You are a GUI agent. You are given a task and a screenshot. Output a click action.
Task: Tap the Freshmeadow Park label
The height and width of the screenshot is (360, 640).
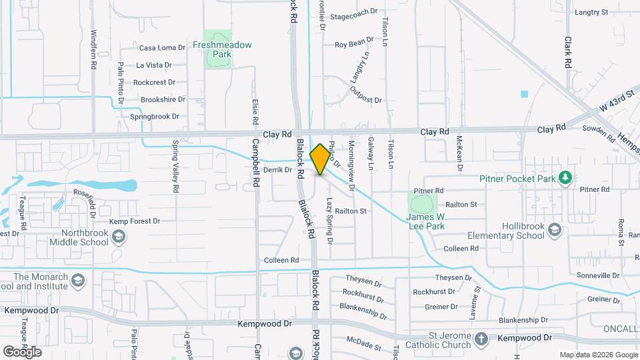[x=222, y=45]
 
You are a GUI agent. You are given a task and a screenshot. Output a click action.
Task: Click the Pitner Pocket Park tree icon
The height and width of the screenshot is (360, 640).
[x=565, y=177]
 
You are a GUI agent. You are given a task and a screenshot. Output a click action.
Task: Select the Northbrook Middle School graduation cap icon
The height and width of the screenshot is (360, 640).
[x=118, y=236]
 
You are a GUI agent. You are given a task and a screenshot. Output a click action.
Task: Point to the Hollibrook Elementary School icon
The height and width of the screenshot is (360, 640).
[x=554, y=231]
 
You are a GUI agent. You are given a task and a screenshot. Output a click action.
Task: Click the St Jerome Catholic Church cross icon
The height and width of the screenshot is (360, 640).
[x=481, y=340]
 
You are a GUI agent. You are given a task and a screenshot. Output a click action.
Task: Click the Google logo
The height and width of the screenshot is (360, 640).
[x=21, y=351]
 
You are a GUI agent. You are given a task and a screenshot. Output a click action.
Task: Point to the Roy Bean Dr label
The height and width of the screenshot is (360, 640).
[x=354, y=45]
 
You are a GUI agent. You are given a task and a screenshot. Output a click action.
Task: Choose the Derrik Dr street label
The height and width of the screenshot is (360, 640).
[x=278, y=170]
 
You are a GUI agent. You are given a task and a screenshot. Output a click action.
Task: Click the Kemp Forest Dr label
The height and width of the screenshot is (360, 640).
[x=135, y=221]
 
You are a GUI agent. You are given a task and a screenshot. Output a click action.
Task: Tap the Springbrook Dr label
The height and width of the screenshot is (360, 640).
[x=155, y=116]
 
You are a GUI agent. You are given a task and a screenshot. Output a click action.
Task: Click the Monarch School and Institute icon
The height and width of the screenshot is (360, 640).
[x=79, y=279]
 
